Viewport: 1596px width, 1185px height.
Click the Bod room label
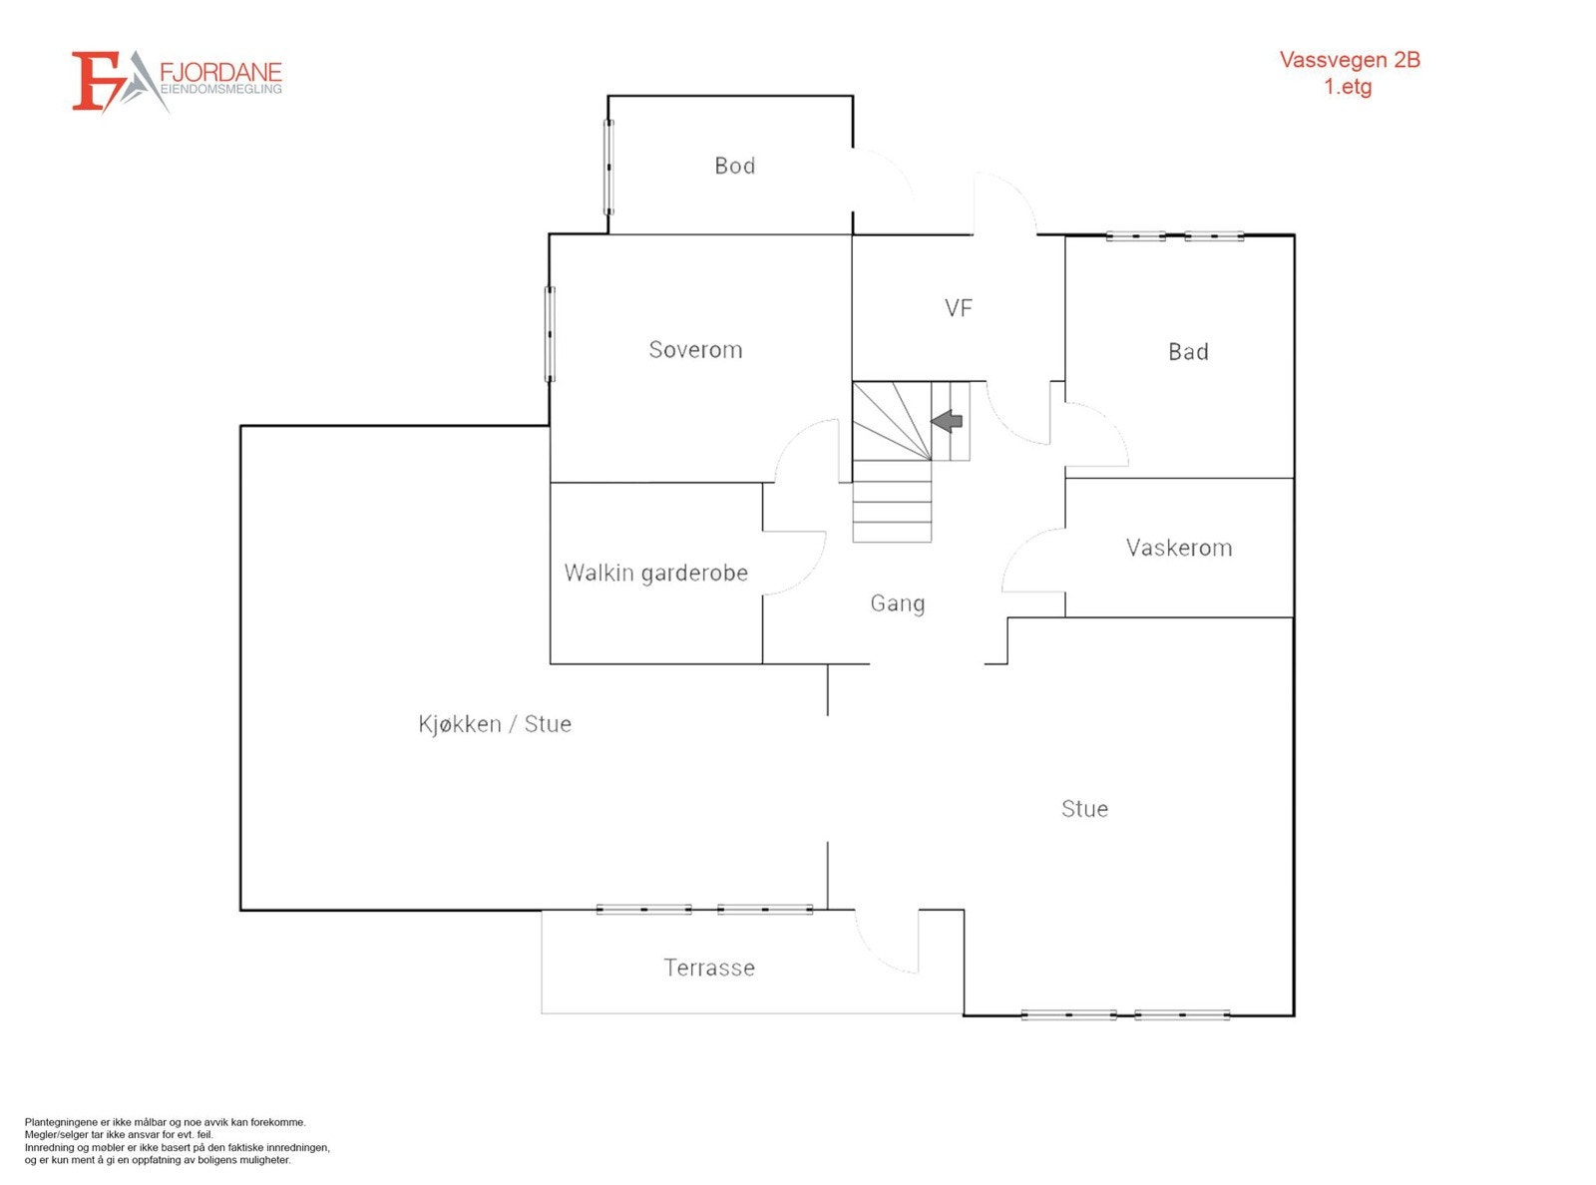pos(734,166)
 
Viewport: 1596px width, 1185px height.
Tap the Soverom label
pos(695,350)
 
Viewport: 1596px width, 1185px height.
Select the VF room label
pos(958,308)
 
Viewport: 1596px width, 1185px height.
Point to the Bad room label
pos(1188,352)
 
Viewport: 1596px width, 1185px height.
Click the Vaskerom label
pos(1178,548)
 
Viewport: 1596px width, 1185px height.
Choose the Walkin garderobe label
pos(655,573)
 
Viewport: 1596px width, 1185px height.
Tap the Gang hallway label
pos(897,603)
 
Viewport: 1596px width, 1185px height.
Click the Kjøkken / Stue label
pos(495,724)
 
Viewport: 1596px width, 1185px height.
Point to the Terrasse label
pos(709,968)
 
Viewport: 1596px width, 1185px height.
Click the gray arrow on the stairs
pos(947,421)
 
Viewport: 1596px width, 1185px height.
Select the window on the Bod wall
pos(608,167)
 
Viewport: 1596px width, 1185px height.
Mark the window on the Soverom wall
pos(550,334)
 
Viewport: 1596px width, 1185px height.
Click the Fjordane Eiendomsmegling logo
pos(177,81)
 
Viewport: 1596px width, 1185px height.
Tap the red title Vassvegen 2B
pos(1349,60)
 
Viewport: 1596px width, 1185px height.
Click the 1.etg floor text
pos(1348,87)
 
